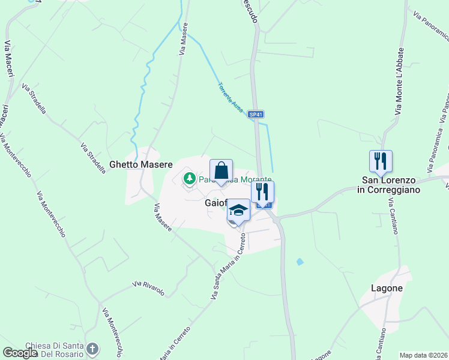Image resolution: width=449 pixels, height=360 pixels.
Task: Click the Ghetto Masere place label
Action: pyautogui.click(x=141, y=164)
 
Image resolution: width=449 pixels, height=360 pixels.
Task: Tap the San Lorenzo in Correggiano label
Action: pyautogui.click(x=391, y=184)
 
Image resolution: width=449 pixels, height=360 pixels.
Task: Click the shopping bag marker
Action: pyautogui.click(x=221, y=170)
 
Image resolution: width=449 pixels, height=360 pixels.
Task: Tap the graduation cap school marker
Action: pyautogui.click(x=238, y=211)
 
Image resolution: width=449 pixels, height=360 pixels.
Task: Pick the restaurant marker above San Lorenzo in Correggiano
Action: pyautogui.click(x=381, y=161)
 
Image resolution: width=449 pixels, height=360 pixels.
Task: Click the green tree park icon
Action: pyautogui.click(x=190, y=178)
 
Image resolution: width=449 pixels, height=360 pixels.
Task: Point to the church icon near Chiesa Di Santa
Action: pyautogui.click(x=92, y=348)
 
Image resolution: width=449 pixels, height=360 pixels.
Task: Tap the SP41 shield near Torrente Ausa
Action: pyautogui.click(x=256, y=114)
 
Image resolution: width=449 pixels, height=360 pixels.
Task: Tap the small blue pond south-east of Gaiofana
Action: pyautogui.click(x=300, y=262)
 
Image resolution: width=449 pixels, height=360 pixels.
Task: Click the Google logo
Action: pyautogui.click(x=20, y=353)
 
